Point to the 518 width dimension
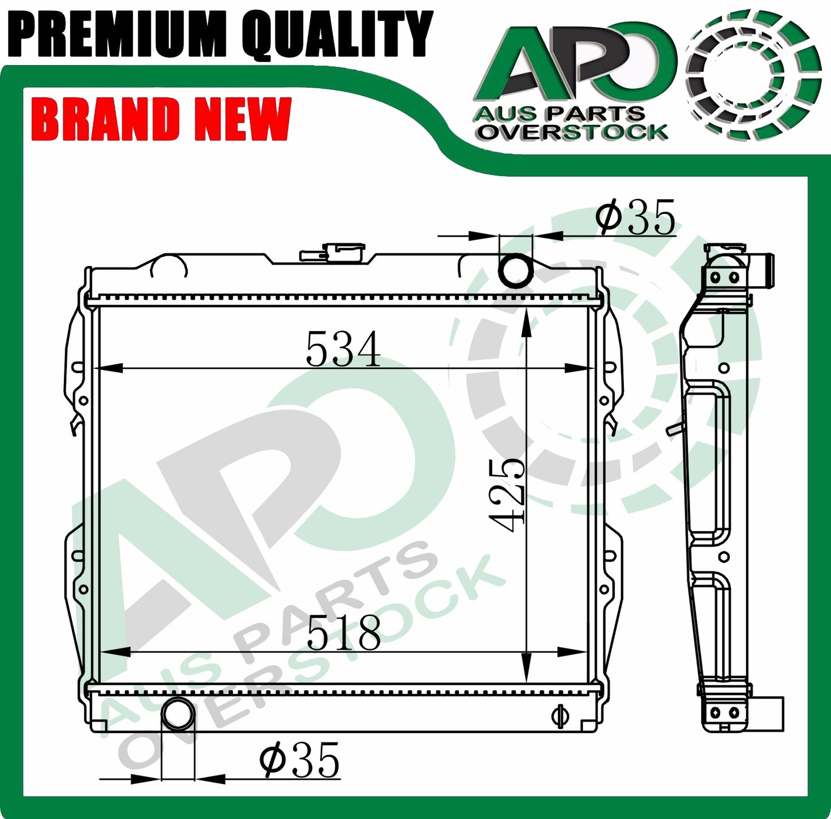click(343, 633)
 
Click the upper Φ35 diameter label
click(635, 218)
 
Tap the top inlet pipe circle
click(516, 269)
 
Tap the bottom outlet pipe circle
click(178, 714)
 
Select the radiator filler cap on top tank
click(332, 252)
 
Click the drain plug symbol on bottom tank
click(557, 715)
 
